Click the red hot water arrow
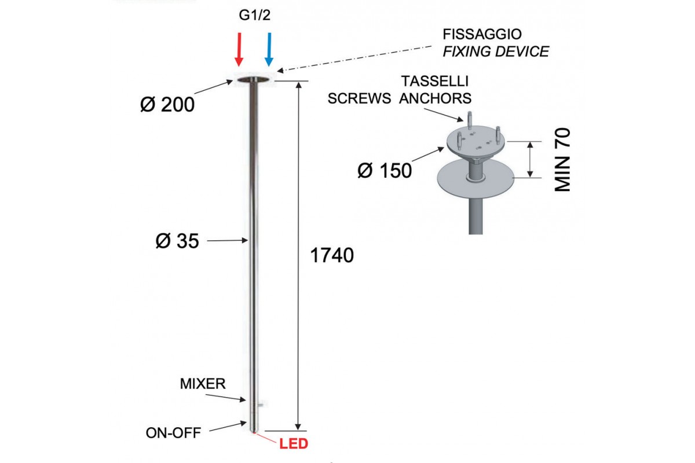(239, 49)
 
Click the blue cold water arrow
(269, 49)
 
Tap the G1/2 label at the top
(255, 15)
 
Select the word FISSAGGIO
(482, 34)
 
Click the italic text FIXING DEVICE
(496, 52)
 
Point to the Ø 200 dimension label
(167, 105)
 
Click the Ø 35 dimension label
(177, 241)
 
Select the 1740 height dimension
(332, 255)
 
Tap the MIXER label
(203, 384)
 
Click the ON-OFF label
(173, 433)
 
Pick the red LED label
(294, 444)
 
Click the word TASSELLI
(435, 81)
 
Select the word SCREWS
(359, 98)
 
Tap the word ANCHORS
(436, 98)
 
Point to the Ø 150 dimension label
(385, 171)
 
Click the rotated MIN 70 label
(562, 160)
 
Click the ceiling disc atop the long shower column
(253, 80)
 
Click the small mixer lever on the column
(260, 405)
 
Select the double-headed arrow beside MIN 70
(531, 160)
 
